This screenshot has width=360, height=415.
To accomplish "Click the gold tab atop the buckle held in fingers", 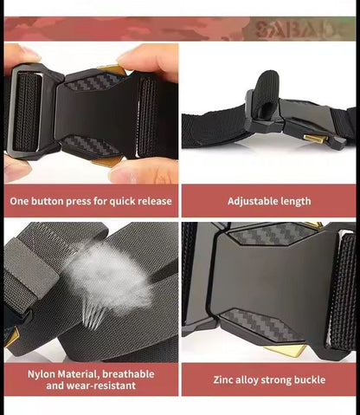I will (x=112, y=69).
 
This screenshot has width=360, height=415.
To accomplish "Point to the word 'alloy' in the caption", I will (x=246, y=379).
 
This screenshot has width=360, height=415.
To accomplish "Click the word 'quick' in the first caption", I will (x=121, y=201).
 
